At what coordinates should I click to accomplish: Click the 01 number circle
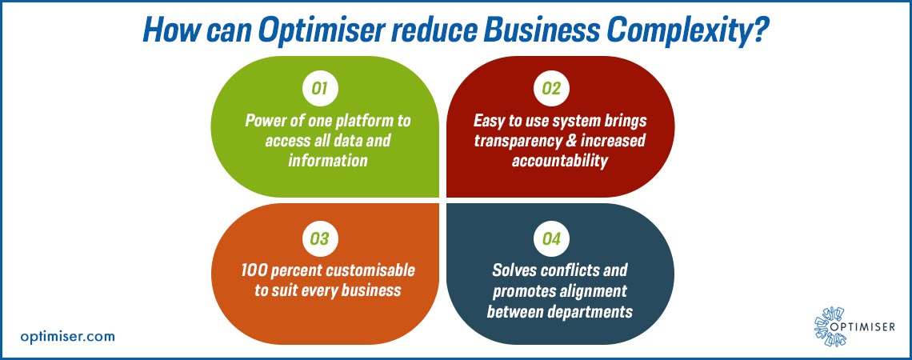pyautogui.click(x=320, y=90)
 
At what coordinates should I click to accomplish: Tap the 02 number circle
pyautogui.click(x=551, y=90)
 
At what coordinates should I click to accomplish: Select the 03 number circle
pyautogui.click(x=320, y=239)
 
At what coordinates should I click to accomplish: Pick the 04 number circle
pyautogui.click(x=551, y=239)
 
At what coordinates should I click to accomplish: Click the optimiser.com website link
pyautogui.click(x=68, y=336)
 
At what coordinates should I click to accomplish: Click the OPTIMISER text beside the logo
pyautogui.click(x=864, y=327)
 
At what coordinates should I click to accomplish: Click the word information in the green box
pyautogui.click(x=328, y=160)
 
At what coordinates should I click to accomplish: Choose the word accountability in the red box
pyautogui.click(x=560, y=161)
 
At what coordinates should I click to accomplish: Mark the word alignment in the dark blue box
pyautogui.click(x=596, y=290)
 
